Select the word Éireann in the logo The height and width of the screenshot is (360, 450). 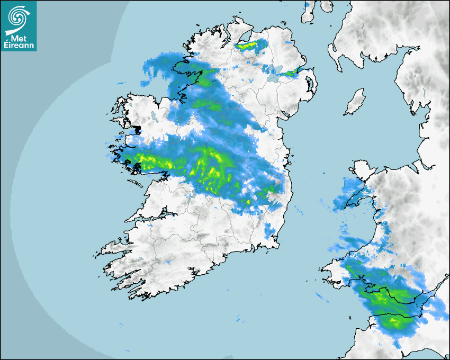[19, 44]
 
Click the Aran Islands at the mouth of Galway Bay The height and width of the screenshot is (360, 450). [135, 183]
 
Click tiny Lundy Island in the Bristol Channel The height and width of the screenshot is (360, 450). [351, 317]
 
